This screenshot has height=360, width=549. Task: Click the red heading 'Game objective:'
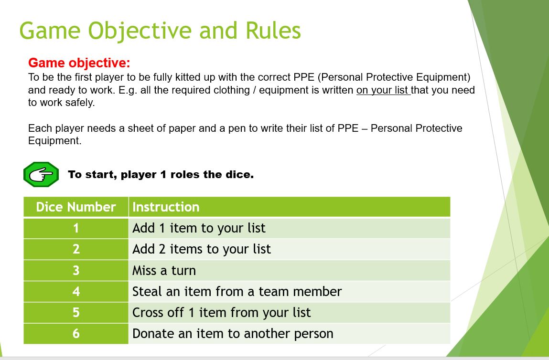coord(79,63)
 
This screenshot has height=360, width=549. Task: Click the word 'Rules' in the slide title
coord(273,31)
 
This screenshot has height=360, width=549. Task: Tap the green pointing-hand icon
coord(41,175)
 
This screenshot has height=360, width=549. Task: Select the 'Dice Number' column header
coord(76,207)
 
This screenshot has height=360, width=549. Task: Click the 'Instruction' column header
coord(166,207)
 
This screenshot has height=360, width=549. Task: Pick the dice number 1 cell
coord(76,228)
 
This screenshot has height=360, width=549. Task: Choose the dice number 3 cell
coord(76,270)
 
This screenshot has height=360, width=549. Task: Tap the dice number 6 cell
coord(76,333)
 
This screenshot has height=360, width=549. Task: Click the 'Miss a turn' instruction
coord(164,270)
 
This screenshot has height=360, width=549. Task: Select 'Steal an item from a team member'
coord(237,291)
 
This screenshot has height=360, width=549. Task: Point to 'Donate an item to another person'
coord(233,333)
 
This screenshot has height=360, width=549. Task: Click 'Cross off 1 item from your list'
coord(221,312)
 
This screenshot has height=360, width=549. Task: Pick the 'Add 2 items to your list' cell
coord(201,249)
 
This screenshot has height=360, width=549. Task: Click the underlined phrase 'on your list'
coord(383,90)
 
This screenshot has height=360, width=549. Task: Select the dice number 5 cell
coord(76,312)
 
